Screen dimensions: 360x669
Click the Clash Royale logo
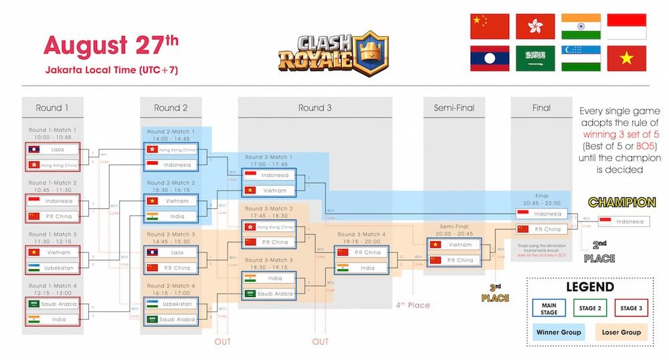(x=323, y=53)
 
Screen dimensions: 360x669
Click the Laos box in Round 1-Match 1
(x=52, y=150)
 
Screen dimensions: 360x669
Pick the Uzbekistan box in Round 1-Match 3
(x=52, y=267)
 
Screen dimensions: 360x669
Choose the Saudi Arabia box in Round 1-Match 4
(x=52, y=304)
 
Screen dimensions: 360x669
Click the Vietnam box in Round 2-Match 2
(x=172, y=201)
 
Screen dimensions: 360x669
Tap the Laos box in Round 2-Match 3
(x=172, y=253)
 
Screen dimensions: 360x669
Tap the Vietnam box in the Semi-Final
(x=454, y=246)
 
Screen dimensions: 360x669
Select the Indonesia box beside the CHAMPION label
(x=622, y=221)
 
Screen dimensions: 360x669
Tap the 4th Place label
(x=412, y=305)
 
